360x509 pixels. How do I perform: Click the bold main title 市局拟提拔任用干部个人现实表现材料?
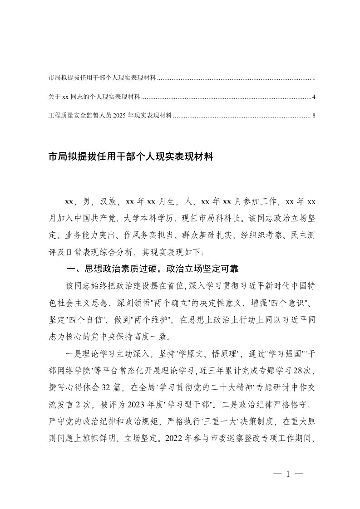[131, 157]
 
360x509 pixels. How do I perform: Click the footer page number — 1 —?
[288, 475]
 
